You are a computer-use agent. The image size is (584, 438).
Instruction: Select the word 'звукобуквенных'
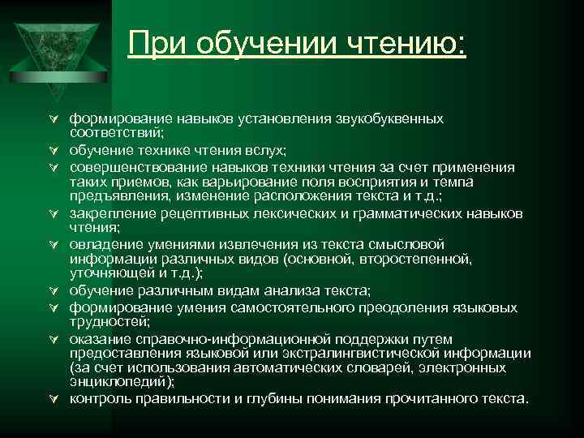389,118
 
